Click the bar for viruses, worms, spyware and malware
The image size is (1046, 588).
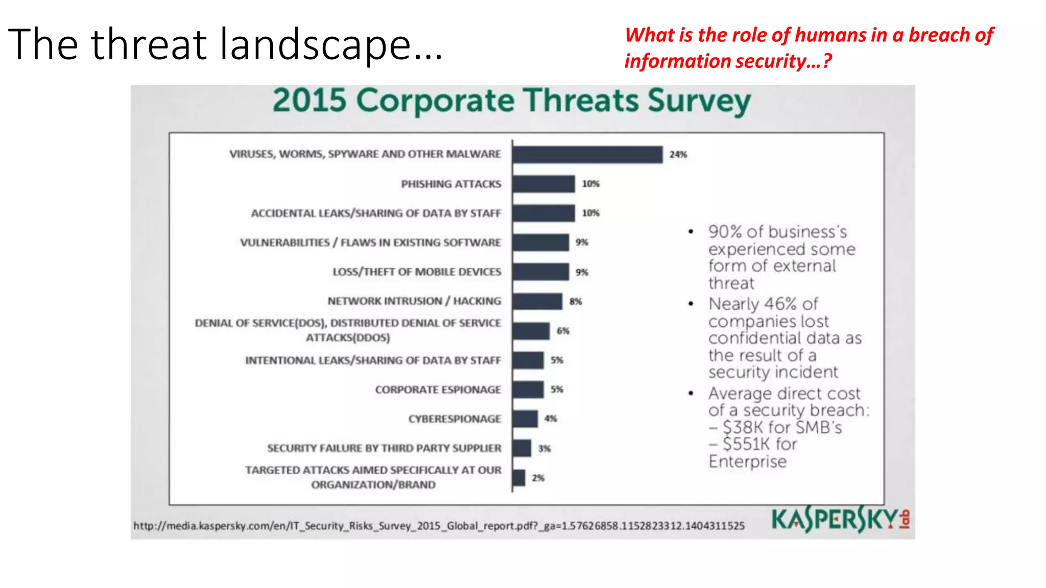coord(587,155)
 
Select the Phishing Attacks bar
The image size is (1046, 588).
coord(543,184)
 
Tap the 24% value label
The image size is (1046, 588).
coord(678,155)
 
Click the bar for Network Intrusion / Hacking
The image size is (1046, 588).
coord(537,301)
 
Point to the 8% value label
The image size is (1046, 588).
coord(576,302)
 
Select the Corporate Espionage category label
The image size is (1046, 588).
coord(438,389)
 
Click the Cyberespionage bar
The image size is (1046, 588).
coord(525,419)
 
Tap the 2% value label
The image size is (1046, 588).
coord(538,478)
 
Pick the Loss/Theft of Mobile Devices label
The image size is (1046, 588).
coord(417,272)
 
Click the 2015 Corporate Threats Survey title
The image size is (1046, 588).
coord(511,101)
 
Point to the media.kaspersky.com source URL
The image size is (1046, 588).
coord(439,526)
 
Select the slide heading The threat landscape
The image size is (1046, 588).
coord(225,45)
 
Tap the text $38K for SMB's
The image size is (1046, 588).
coord(781,427)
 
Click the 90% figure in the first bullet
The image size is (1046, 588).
coord(725,232)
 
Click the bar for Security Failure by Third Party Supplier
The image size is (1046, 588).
coord(522,448)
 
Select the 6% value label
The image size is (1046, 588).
coord(563,331)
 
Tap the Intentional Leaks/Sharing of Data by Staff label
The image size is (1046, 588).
coord(373,360)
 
